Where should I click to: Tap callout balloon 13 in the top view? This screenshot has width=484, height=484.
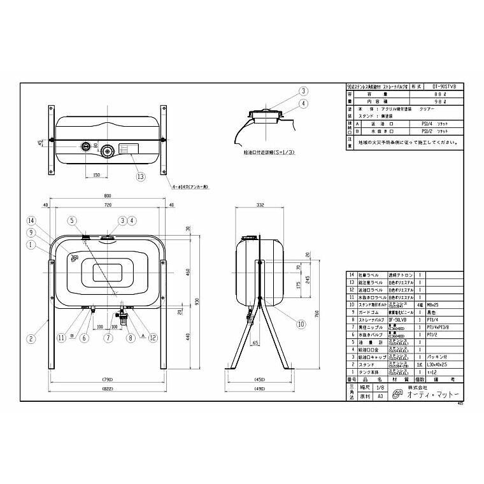(x=140, y=176)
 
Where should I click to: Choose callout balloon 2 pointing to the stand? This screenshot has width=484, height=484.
(x=31, y=339)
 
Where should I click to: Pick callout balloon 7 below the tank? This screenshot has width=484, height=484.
(x=109, y=338)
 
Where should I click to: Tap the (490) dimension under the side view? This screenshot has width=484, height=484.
(x=260, y=389)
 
